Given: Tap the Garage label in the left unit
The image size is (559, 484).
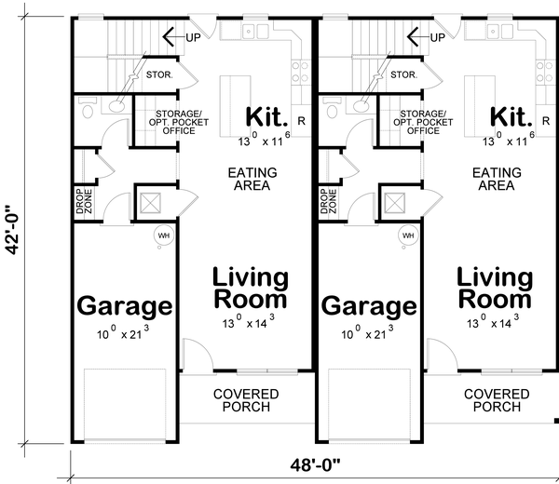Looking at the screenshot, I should [x=124, y=306].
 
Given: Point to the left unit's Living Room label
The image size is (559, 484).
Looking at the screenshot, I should [x=250, y=289].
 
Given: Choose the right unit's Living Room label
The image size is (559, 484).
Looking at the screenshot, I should [x=494, y=289].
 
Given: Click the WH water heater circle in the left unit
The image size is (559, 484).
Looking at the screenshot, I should [x=163, y=235].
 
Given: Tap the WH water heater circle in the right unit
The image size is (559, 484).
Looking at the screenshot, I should [x=407, y=235].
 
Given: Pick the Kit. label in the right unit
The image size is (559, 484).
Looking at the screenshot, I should [x=512, y=117].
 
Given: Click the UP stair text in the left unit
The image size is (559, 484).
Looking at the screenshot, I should [x=193, y=38].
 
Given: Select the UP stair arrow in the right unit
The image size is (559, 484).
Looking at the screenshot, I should [x=416, y=37].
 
